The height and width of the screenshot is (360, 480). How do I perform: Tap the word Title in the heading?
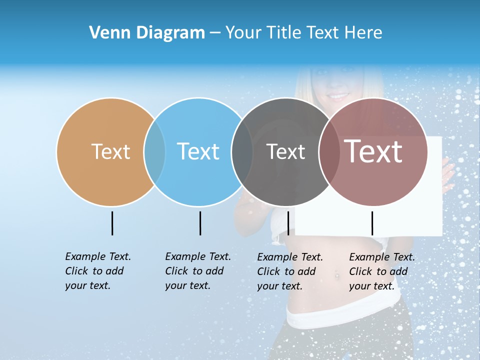click(284, 33)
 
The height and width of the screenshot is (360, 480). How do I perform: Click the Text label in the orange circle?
click(110, 151)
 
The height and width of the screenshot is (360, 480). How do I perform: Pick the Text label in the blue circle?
click(198, 151)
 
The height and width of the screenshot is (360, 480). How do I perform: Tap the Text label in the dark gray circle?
click(285, 151)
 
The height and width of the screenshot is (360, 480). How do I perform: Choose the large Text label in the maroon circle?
click(373, 151)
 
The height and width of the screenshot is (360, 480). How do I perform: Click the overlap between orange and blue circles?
click(154, 151)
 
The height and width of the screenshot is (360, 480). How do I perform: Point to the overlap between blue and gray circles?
click(242, 151)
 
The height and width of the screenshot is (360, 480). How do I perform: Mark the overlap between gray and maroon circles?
click(329, 151)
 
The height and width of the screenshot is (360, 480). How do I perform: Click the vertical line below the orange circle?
click(112, 223)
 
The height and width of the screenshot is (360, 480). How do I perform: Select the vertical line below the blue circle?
click(200, 223)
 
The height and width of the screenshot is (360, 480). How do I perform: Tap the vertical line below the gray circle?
click(288, 223)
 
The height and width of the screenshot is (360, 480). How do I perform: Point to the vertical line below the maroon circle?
click(372, 223)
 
